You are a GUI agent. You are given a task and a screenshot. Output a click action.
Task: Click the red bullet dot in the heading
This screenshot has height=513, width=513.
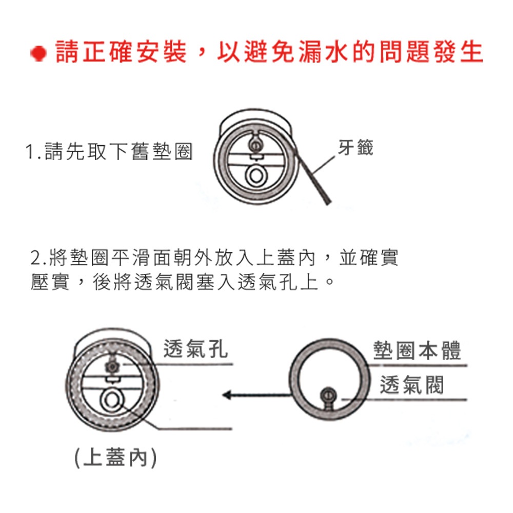(x=38, y=53)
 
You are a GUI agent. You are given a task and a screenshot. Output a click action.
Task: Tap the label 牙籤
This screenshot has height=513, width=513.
(x=356, y=147)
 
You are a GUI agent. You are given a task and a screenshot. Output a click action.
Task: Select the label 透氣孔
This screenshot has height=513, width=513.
(x=195, y=348)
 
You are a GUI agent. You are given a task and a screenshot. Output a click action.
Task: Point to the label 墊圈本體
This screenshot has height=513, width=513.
(x=417, y=351)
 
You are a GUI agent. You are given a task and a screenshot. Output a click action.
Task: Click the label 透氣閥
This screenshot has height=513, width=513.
(x=412, y=385)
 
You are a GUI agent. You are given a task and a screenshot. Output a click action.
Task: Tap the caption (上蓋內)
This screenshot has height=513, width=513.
(x=115, y=458)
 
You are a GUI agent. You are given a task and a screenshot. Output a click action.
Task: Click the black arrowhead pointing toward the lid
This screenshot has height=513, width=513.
(x=227, y=395)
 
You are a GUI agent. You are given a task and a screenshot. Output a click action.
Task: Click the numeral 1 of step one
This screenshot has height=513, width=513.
(x=30, y=152)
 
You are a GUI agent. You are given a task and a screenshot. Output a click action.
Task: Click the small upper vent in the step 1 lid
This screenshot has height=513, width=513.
(x=255, y=144)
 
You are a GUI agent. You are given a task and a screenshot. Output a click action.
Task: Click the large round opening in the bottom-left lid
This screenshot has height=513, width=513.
(x=111, y=401)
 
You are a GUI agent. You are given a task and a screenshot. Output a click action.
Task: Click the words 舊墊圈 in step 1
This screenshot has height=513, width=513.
(x=162, y=152)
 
